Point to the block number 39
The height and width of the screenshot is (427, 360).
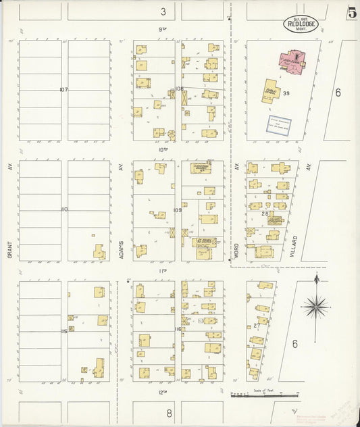[x=286, y=93]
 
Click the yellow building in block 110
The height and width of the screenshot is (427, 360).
[x=99, y=252]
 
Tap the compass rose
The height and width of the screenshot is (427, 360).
[x=315, y=307]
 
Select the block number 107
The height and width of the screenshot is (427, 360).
[x=64, y=89]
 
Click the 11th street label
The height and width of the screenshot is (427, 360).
[x=162, y=271]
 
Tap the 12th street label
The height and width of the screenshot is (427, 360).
[x=162, y=392]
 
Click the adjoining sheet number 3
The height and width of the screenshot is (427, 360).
[x=163, y=11]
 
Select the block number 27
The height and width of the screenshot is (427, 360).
[x=257, y=325]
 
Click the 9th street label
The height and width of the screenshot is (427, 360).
[x=162, y=30]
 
